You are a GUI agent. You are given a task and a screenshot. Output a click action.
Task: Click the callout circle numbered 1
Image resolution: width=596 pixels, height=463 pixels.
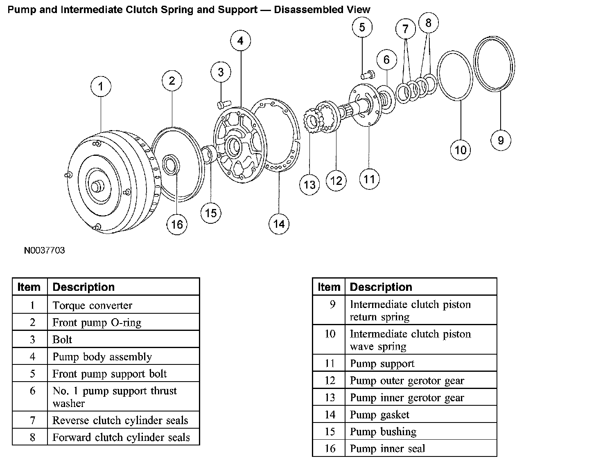tap(101, 87)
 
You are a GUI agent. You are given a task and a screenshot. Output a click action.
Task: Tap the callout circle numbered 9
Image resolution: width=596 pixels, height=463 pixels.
tap(501, 140)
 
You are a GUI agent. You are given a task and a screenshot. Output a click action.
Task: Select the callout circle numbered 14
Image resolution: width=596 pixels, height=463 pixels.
tap(279, 224)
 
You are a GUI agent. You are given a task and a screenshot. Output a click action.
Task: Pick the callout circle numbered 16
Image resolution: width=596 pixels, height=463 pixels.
tap(177, 224)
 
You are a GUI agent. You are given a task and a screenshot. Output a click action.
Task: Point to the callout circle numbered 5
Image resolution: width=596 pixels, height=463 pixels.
tap(362, 27)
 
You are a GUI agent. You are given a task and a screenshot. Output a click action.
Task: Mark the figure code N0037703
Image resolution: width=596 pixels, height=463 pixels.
tap(44, 250)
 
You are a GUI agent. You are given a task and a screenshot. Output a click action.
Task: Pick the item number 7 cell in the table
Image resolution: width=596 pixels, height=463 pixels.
tap(32, 420)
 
